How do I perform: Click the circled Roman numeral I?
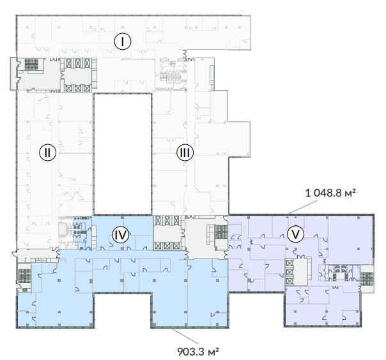pos(123,41)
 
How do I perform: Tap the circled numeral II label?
pos(47,153)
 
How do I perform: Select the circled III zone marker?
pos(185,153)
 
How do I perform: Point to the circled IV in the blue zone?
pos(121,234)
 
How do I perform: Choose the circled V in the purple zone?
pos(295,234)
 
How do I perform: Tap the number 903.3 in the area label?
pos(191,352)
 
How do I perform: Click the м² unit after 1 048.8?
pos(350,193)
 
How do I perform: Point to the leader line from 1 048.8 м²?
pos(303,207)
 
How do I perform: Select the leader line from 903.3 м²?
pos(185,336)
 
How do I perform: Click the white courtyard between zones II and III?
pos(123,154)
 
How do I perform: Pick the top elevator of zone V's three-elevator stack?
pos(289,263)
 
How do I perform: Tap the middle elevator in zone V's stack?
pos(289,272)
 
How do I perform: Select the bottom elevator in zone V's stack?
pos(289,281)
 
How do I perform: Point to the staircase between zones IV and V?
pos(221,232)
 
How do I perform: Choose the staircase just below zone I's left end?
pos(31,64)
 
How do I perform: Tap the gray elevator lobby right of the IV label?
pos(167,233)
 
